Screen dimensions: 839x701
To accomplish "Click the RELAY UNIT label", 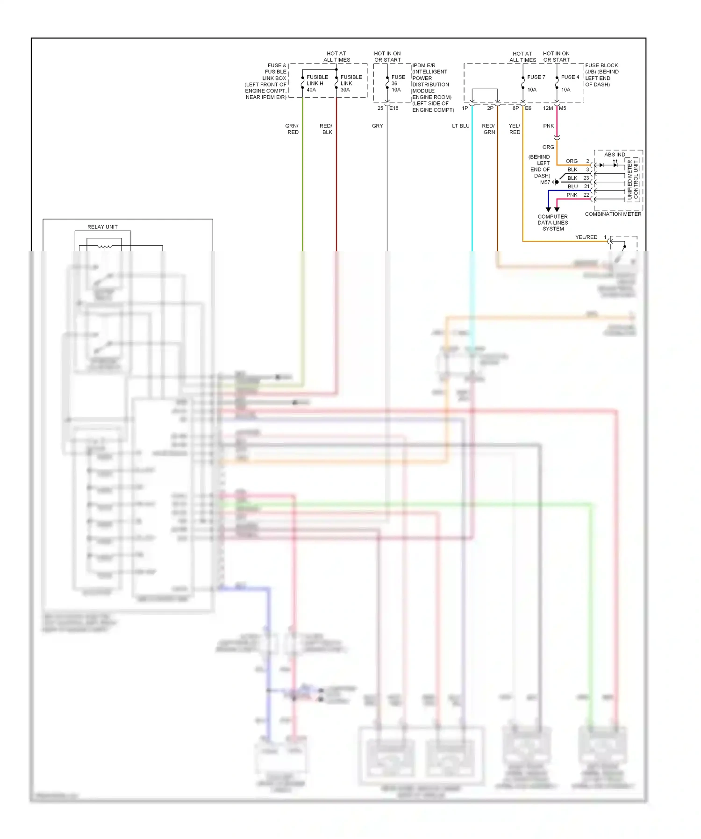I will coord(102,227).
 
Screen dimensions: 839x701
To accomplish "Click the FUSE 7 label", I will coord(536,77).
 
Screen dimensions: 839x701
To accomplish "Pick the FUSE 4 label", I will coord(570,77).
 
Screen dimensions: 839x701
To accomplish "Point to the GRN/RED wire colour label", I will coord(292,129).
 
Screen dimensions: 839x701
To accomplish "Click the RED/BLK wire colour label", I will coord(326,129).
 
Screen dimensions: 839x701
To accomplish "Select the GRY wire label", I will coord(377,126).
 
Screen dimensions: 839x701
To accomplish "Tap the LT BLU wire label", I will coord(460,126).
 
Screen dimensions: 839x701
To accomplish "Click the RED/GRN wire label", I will coord(488,129).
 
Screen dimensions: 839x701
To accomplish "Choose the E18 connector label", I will coord(394,108).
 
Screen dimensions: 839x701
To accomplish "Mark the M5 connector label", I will coord(563,108).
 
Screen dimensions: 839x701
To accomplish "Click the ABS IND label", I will coord(615,155).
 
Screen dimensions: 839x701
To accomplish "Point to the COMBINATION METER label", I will coord(613,214).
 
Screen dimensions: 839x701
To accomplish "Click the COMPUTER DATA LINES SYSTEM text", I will coord(553,223).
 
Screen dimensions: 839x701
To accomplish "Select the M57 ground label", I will coord(545,183).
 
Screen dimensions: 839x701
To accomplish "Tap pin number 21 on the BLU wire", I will coord(587,186).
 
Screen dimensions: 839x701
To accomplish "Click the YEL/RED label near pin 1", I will coord(586,237).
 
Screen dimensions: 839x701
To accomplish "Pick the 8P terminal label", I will coord(515,108).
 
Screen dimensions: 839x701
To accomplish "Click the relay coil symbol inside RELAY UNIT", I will coord(105,246).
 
